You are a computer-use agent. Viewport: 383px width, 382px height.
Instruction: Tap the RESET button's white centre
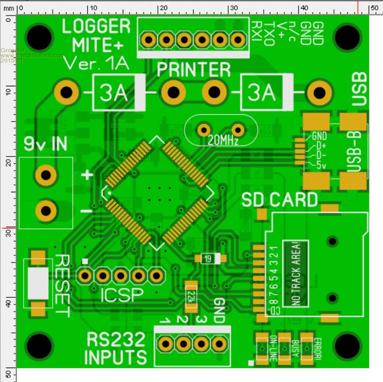(38, 284)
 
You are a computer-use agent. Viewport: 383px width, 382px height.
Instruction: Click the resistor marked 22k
(191, 296)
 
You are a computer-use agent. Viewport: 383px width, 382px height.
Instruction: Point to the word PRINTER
(194, 70)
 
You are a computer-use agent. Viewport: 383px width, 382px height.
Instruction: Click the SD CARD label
(279, 200)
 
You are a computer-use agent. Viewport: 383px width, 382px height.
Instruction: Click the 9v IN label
(45, 144)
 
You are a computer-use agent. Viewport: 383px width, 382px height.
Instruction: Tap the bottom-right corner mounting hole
(348, 344)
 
